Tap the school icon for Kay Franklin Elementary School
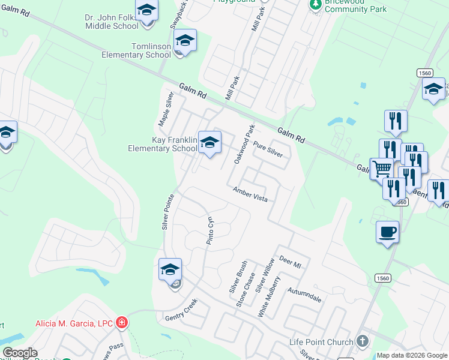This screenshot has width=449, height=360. [x=209, y=143]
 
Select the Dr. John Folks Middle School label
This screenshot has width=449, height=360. [x=112, y=22]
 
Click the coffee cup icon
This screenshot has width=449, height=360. [x=387, y=231]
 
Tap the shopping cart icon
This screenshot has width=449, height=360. [x=381, y=169]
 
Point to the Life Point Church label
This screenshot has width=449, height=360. [x=321, y=342]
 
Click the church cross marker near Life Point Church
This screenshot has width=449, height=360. [x=362, y=341]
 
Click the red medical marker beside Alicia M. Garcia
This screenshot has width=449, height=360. [x=122, y=323]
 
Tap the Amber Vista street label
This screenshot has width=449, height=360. [x=250, y=194]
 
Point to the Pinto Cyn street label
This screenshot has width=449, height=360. [x=209, y=230]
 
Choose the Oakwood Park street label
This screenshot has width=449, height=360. [x=245, y=145]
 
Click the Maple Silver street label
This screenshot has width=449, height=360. [x=166, y=109]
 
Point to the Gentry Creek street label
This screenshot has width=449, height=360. [x=181, y=309]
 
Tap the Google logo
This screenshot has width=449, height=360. [x=19, y=353]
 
